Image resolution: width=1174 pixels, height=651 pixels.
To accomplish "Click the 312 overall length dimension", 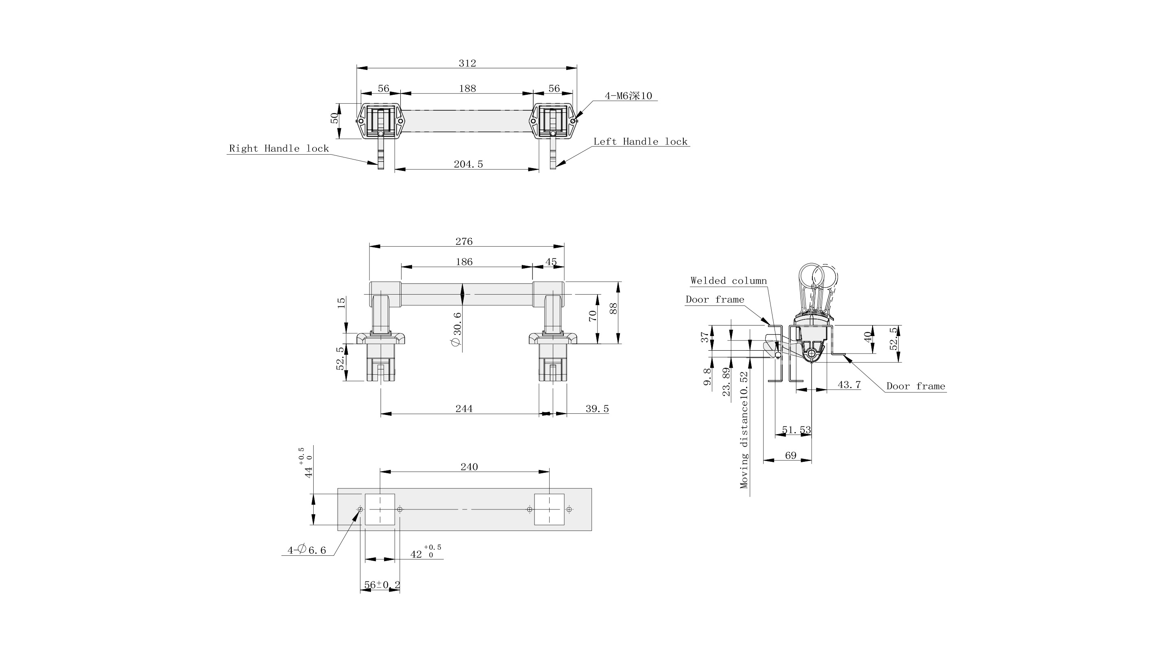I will click(467, 63).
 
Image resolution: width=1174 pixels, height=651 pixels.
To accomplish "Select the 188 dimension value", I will click(467, 88).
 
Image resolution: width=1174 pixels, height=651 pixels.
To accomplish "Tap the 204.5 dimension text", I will click(468, 164).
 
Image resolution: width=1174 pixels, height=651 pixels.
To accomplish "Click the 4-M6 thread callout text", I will click(628, 96).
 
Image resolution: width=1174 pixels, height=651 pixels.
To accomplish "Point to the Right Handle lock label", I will click(279, 149).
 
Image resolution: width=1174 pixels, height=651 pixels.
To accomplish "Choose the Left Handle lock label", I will click(640, 142).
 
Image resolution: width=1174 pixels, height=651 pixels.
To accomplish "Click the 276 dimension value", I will click(464, 242).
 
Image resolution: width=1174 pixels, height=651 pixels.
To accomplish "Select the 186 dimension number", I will click(464, 262).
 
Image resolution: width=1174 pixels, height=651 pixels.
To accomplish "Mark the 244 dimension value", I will click(464, 409).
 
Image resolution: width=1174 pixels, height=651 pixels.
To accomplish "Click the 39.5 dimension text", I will click(597, 409).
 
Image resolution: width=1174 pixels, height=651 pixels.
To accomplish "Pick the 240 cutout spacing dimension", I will click(469, 467).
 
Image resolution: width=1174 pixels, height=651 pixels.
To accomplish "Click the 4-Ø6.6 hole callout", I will click(307, 550).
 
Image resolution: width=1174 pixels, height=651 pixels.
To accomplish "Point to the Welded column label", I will click(728, 281).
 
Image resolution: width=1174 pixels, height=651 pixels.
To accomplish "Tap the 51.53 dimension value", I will click(796, 430).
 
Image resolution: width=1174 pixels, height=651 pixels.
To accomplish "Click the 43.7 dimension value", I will click(849, 385).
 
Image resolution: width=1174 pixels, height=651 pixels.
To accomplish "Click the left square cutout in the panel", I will click(380, 509).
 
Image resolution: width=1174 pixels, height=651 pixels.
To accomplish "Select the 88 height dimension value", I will click(613, 309).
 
